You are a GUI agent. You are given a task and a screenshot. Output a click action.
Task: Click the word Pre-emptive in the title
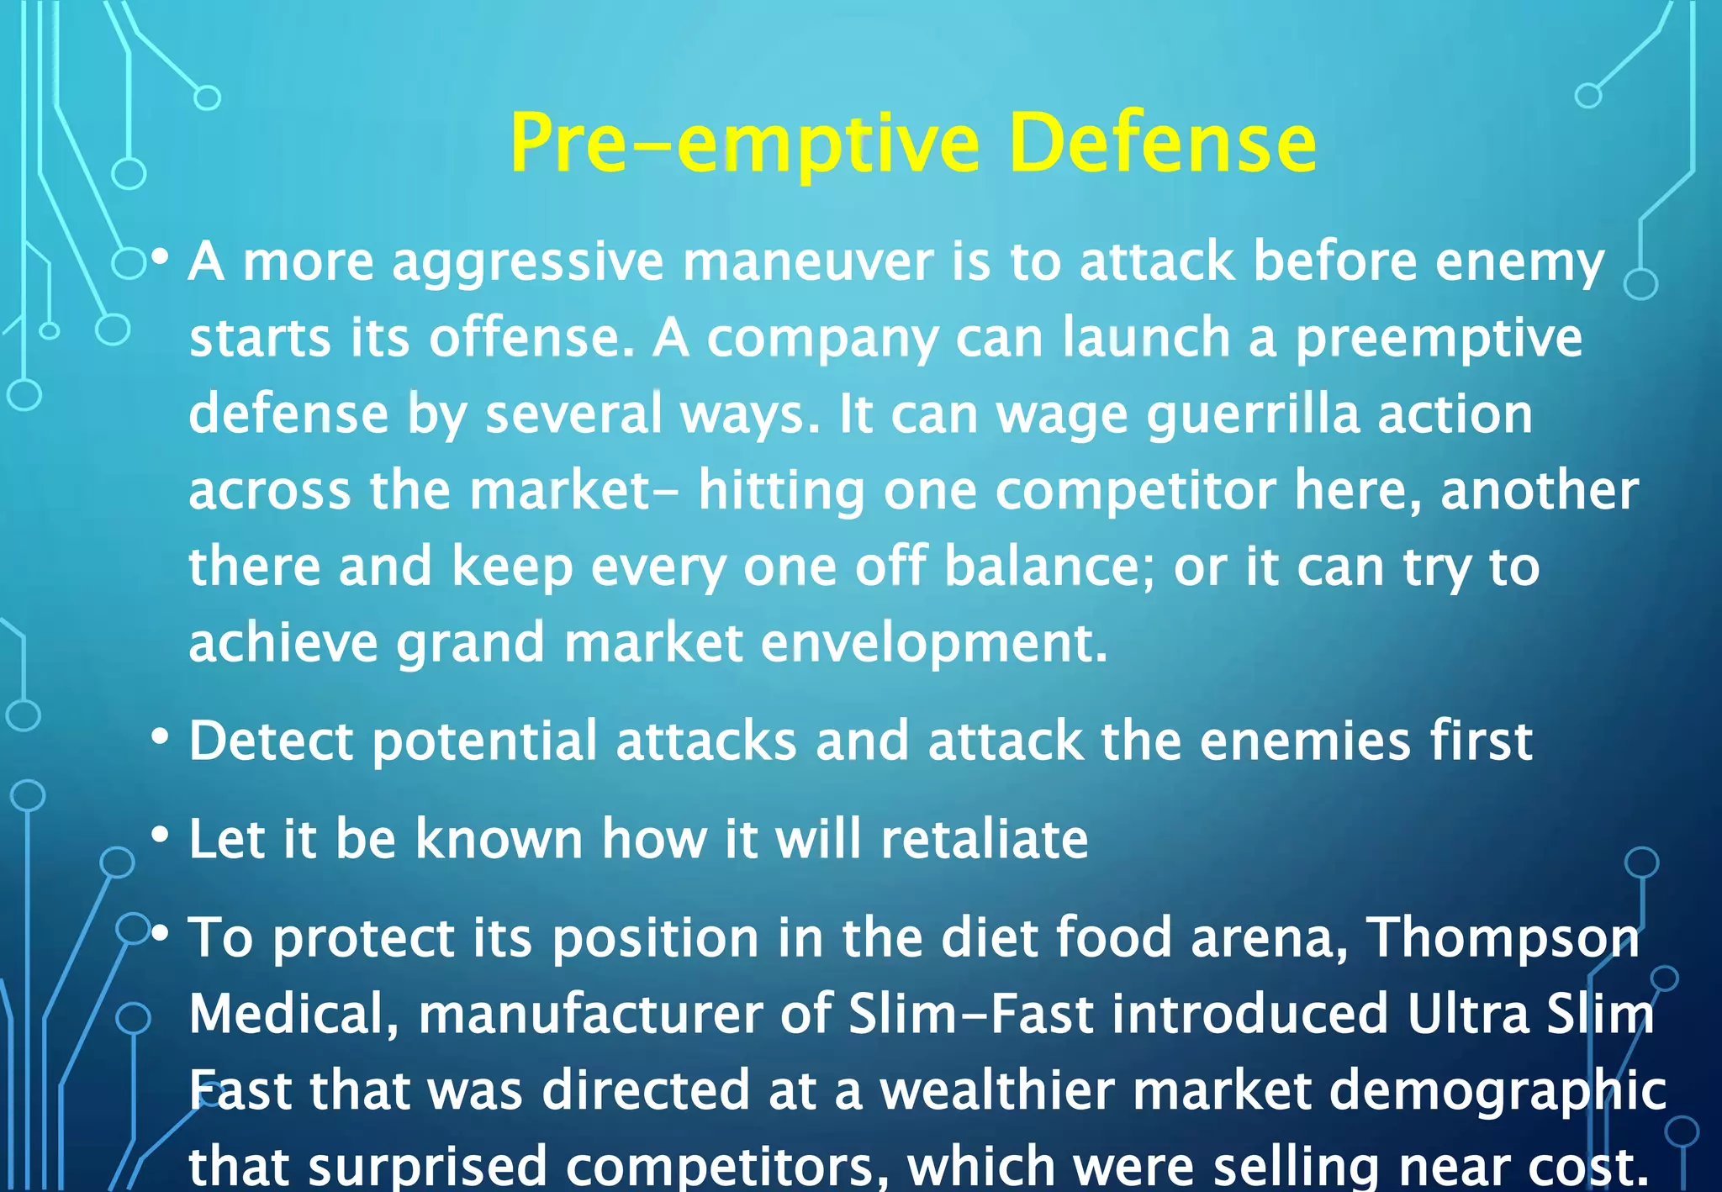(x=744, y=145)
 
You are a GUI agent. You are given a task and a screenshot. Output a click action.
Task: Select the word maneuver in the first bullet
(x=807, y=261)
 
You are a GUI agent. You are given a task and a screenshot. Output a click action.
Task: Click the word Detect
(x=271, y=741)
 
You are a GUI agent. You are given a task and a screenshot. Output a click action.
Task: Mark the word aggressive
(x=528, y=263)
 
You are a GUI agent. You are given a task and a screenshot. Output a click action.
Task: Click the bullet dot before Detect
(x=160, y=738)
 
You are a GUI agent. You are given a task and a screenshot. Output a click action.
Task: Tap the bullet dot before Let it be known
(x=160, y=836)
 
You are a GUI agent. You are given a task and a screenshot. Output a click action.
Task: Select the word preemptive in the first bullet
(x=1438, y=339)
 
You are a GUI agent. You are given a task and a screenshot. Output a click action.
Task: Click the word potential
(x=484, y=743)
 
